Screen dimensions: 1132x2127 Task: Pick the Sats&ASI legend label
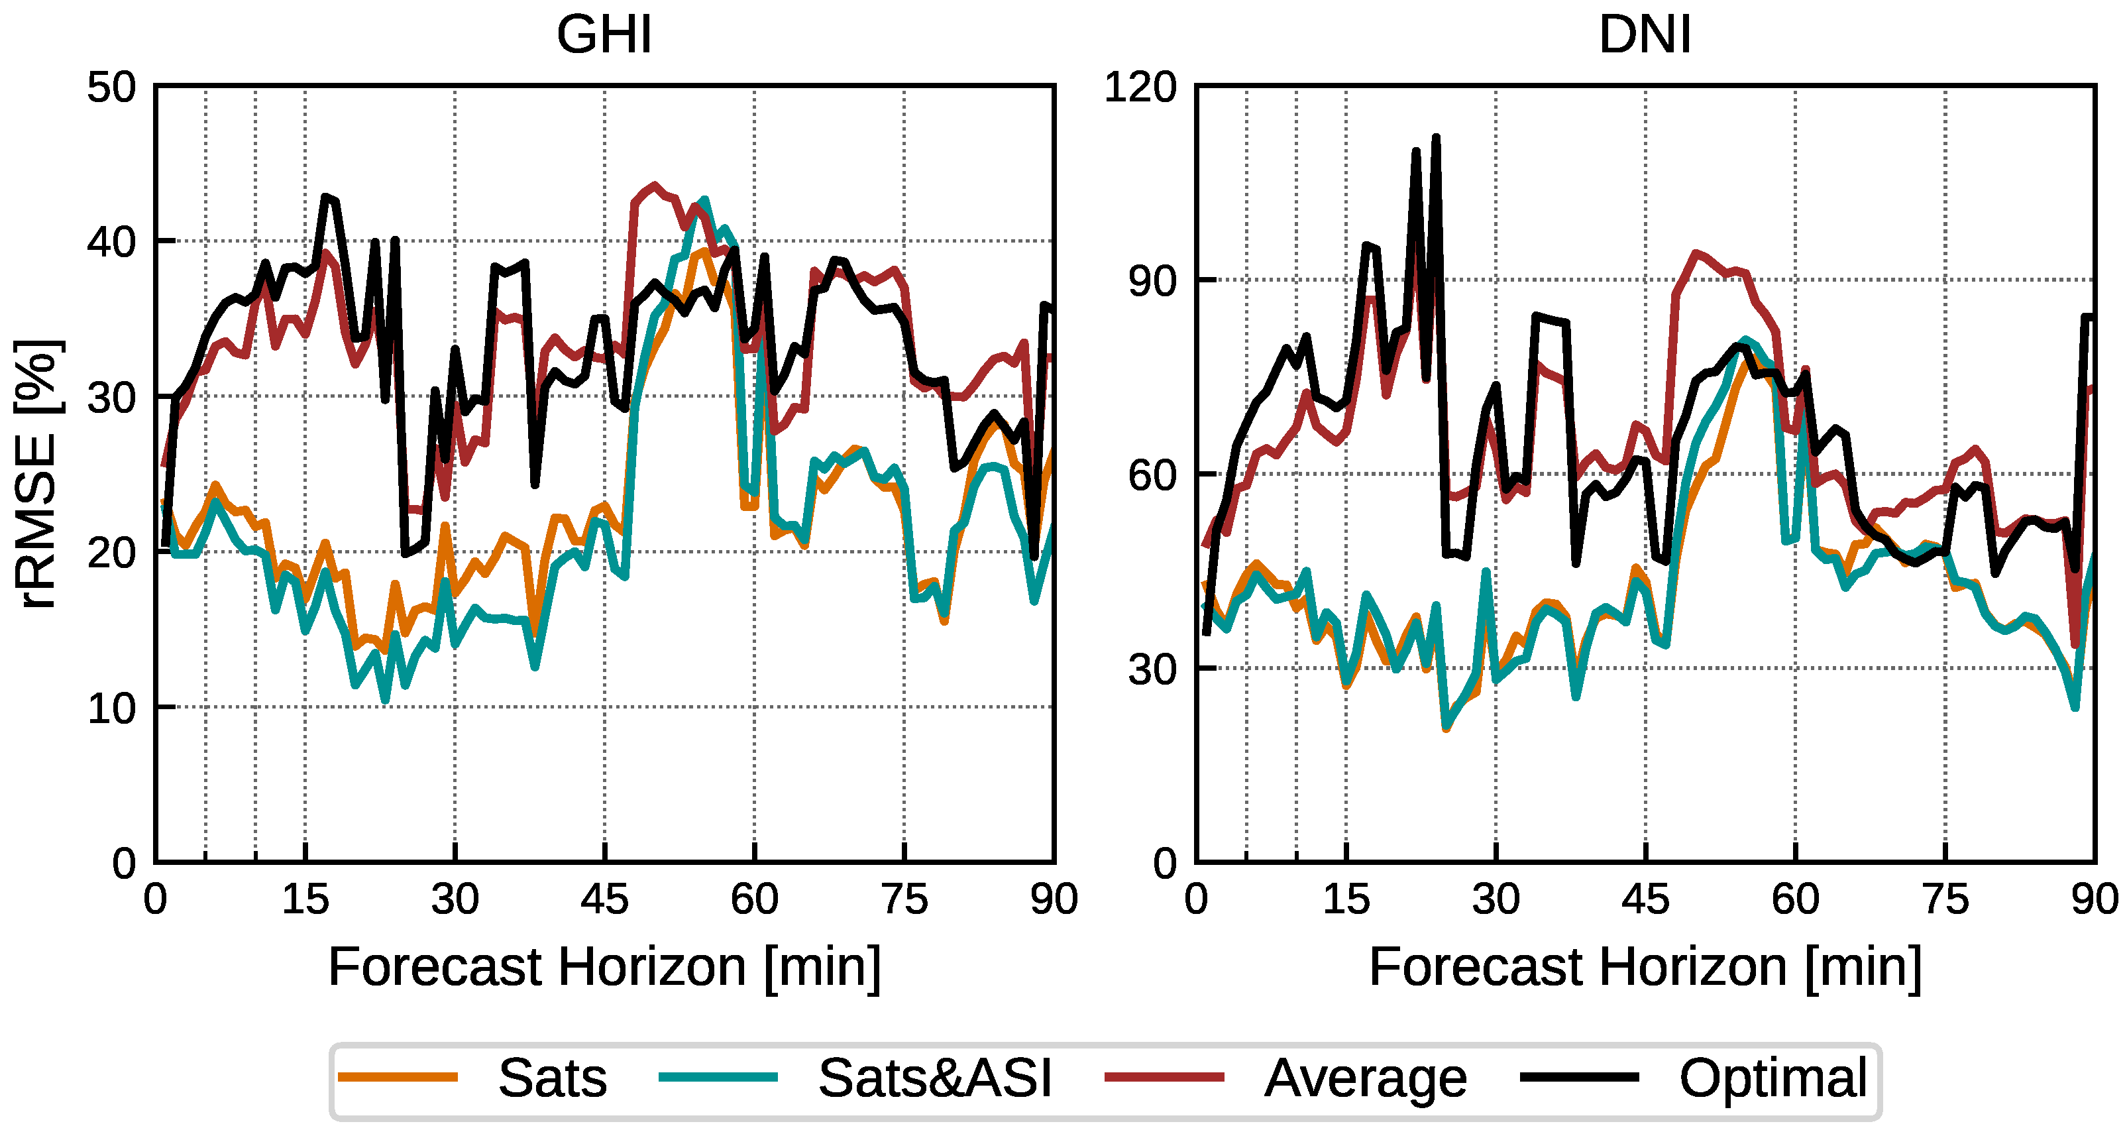pos(935,1078)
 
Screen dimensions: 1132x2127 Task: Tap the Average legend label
pos(1365,1078)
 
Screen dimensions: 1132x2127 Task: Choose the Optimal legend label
pos(1772,1078)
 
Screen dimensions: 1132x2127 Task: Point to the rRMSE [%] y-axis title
pos(36,474)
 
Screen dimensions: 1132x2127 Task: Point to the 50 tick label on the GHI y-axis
pos(111,87)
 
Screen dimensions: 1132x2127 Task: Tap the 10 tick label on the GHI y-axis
pos(111,708)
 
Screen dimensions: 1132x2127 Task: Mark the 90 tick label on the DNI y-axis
pos(1152,282)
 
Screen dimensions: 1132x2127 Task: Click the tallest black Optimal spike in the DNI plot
pos(1436,138)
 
